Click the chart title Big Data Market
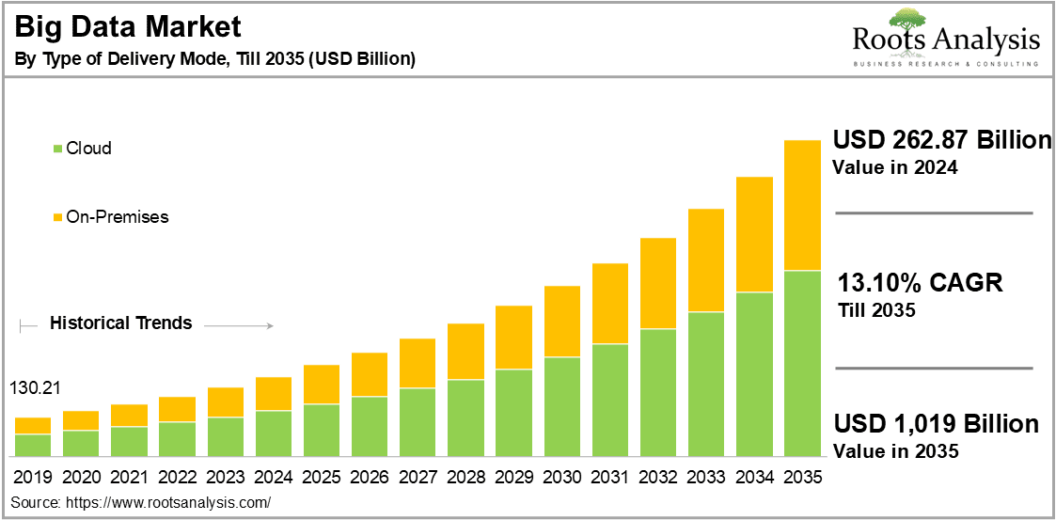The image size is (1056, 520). click(127, 25)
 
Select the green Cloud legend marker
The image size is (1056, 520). click(58, 149)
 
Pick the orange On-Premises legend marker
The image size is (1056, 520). click(58, 217)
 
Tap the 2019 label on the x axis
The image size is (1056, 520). click(33, 478)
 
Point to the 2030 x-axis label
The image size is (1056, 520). click(561, 478)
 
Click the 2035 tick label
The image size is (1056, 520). click(802, 478)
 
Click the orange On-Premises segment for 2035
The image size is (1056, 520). click(802, 205)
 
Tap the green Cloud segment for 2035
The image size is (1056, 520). click(802, 363)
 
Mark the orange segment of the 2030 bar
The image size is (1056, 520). click(561, 321)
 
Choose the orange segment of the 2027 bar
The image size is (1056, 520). click(418, 363)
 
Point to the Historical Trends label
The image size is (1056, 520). click(120, 323)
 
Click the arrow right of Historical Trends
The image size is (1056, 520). click(238, 326)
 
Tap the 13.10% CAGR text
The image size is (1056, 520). click(920, 282)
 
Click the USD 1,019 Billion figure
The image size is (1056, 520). click(936, 423)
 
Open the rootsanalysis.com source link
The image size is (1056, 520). click(168, 503)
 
